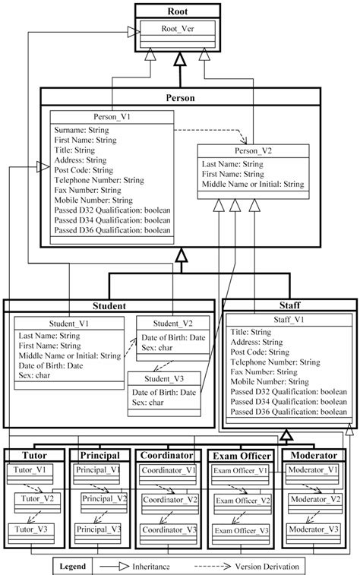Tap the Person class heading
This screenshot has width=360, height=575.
pos(180,98)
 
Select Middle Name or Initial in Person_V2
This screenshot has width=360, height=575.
pos(253,184)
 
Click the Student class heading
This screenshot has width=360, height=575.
pos(109,305)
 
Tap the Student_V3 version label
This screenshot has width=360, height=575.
pos(165,379)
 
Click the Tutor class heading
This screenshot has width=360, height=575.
pos(31,455)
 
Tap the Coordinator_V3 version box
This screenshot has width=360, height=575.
pos(171,528)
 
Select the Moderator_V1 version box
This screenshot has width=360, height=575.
pos(312,470)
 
